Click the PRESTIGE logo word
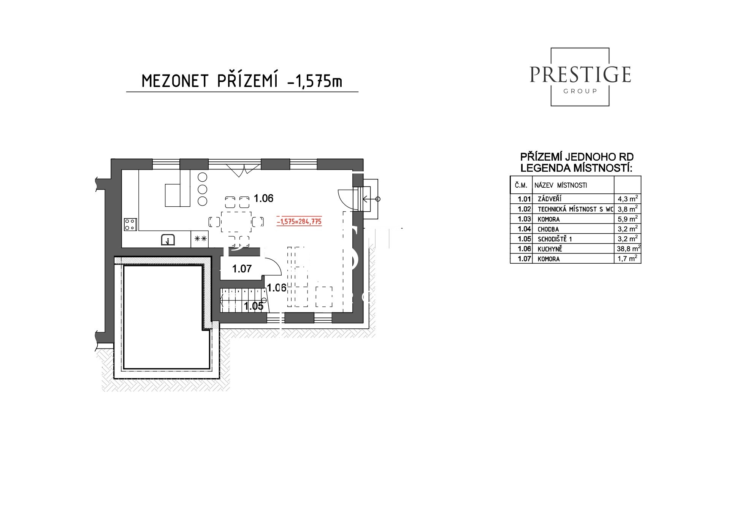580,74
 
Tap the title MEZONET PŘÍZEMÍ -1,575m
242,81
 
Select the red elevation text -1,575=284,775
300,221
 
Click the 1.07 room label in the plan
242,269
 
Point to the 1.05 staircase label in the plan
254,306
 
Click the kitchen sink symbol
168,240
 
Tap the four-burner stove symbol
130,224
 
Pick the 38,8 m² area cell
628,249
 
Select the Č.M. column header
521,185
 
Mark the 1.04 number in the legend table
524,229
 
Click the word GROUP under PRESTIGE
580,91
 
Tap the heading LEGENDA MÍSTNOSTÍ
576,168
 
